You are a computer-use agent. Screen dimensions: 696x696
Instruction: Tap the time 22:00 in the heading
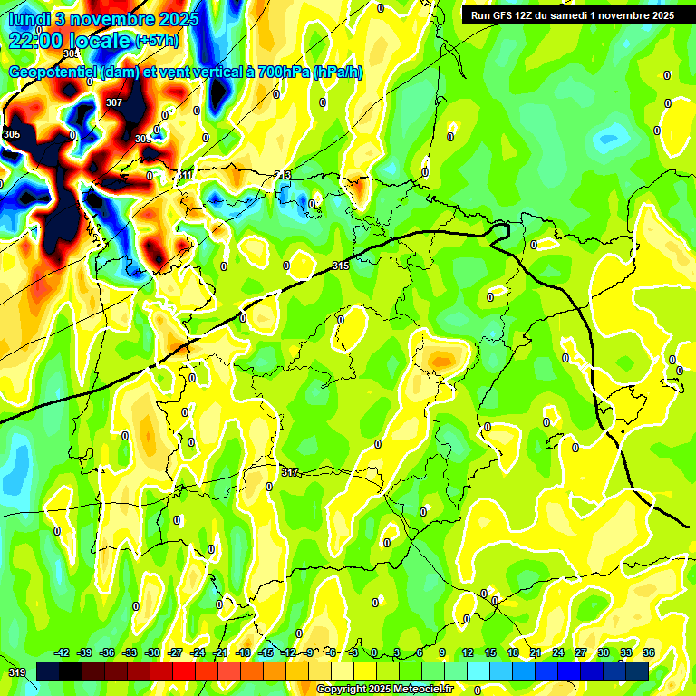coord(37,41)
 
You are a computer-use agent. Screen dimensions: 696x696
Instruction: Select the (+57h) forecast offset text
coord(156,42)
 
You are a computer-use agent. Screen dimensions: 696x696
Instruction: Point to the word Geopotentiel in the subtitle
coord(53,72)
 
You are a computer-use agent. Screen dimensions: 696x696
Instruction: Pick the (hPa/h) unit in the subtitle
coord(339,72)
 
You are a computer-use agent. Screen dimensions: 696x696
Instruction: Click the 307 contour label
coord(113,102)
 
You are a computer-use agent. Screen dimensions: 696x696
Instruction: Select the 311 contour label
coord(185,174)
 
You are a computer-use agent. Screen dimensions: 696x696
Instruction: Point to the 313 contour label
coord(284,175)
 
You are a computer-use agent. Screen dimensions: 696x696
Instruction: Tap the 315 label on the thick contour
coord(341,266)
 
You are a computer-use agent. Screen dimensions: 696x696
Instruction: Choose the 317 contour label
coord(289,472)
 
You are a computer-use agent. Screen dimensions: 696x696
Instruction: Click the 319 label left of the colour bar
coord(16,672)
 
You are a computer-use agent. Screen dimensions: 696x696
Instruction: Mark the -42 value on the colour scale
coord(62,652)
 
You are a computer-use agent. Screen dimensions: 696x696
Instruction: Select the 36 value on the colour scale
coord(649,652)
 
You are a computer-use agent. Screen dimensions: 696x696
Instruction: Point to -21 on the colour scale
coord(220,652)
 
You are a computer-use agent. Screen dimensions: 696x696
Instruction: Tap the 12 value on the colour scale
coord(468,652)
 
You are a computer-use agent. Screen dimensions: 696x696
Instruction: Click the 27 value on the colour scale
coord(580,652)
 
